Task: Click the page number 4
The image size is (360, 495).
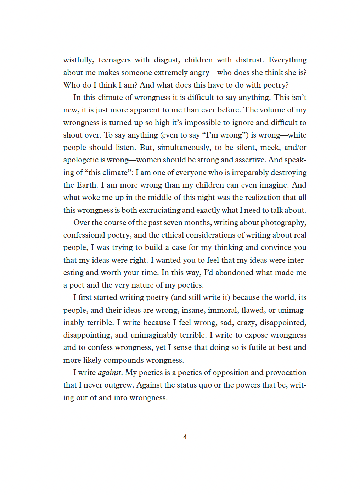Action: point(185,436)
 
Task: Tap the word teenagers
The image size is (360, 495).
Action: point(114,60)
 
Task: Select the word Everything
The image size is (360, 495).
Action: point(287,60)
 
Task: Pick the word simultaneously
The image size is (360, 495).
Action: point(184,148)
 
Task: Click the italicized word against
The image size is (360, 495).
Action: point(109,373)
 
